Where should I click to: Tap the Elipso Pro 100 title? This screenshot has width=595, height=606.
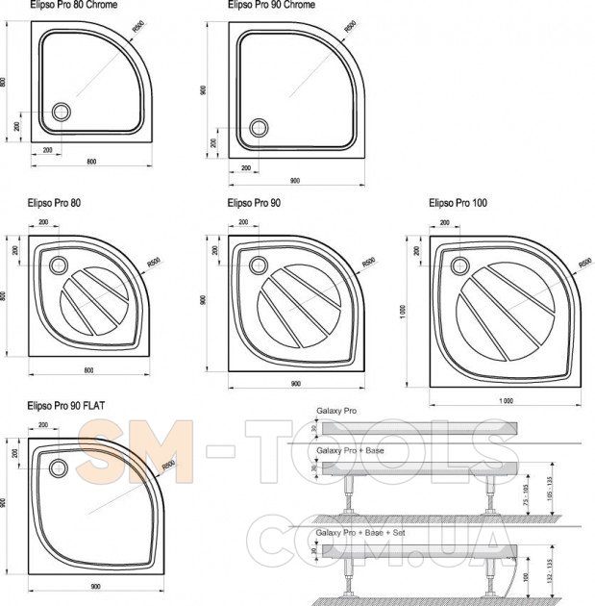459,203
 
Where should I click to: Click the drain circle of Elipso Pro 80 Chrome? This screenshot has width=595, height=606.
61,112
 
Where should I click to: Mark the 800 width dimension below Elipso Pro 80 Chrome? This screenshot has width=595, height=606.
91,161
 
